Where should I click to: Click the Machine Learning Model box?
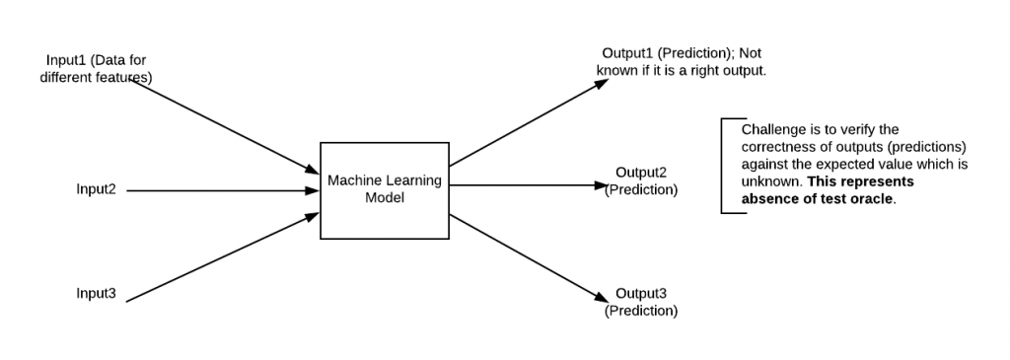click(384, 189)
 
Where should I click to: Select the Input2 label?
click(96, 189)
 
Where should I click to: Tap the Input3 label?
click(96, 294)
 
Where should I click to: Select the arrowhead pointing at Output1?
click(604, 85)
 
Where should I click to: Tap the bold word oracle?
click(868, 197)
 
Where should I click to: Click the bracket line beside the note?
click(722, 166)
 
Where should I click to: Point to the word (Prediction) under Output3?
click(641, 311)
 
